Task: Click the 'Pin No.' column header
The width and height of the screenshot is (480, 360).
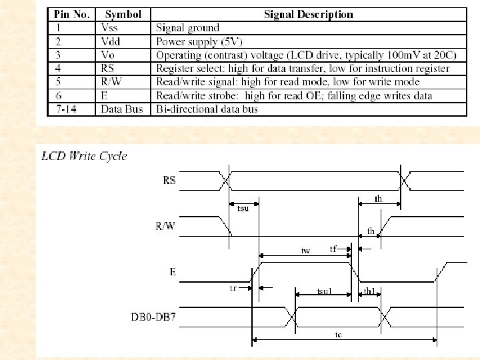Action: click(71, 15)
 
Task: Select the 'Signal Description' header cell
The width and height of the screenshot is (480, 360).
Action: click(309, 15)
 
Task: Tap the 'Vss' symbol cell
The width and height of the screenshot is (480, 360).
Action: click(109, 28)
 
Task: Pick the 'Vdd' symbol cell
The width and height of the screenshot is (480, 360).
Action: click(111, 41)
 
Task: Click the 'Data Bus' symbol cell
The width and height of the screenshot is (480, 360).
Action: click(122, 109)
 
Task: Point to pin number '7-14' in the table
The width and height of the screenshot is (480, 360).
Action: click(66, 109)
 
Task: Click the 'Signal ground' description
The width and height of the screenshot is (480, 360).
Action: click(187, 28)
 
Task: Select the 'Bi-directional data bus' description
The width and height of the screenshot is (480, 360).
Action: click(207, 109)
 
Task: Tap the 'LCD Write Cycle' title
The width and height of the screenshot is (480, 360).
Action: click(84, 156)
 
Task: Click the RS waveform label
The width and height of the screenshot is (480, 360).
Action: click(169, 180)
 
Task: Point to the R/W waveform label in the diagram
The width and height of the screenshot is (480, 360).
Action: click(165, 226)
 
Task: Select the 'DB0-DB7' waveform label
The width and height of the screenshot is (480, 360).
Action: click(153, 317)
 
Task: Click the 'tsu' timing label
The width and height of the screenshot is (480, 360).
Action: click(243, 209)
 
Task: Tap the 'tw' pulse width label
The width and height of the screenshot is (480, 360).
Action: click(305, 251)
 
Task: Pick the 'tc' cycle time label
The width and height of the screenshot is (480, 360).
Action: click(338, 335)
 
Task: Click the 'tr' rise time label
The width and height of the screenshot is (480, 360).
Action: click(233, 288)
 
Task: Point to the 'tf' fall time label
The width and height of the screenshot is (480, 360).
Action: click(333, 249)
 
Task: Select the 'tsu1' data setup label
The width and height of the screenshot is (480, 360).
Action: click(324, 291)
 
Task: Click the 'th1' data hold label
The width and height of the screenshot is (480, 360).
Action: click(369, 291)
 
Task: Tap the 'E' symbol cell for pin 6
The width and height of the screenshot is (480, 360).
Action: click(104, 95)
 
